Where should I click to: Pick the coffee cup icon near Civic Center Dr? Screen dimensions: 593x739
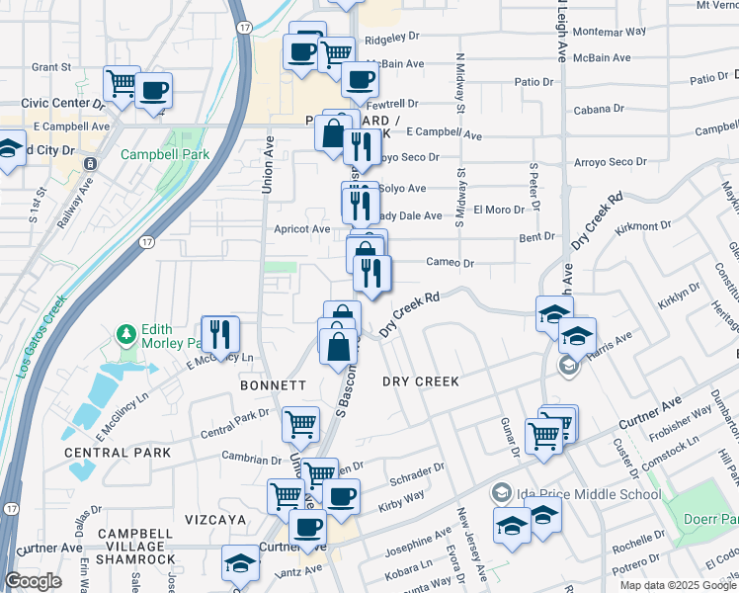tap(153, 91)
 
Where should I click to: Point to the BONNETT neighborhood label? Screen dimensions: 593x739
tap(274, 383)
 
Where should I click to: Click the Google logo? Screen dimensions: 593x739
tap(34, 581)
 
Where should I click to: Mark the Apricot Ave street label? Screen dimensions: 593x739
tap(301, 228)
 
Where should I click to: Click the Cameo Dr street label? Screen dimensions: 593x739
tap(451, 263)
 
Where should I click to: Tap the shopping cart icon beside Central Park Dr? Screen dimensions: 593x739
tap(300, 425)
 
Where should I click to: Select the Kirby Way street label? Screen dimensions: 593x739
tap(401, 501)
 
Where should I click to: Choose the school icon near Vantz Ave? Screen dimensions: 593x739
tap(239, 564)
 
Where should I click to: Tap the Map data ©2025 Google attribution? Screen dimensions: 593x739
tap(677, 584)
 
